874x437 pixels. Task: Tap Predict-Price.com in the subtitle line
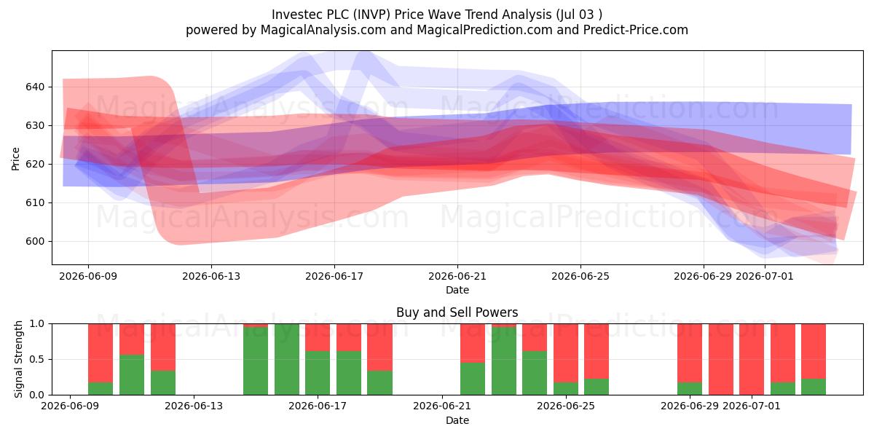(636, 30)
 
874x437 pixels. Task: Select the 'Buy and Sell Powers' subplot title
(457, 312)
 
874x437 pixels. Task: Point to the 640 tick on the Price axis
(35, 87)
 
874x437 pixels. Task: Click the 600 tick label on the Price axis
(35, 242)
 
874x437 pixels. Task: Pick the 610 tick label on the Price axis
(35, 203)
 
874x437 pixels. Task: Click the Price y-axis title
(15, 159)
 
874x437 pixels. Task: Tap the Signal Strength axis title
(18, 359)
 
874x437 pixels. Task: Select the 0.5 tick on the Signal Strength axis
(37, 359)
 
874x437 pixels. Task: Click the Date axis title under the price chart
(457, 290)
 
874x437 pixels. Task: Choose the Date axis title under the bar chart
(457, 420)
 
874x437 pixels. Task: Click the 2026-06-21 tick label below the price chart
(457, 276)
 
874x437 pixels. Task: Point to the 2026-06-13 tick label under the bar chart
(194, 406)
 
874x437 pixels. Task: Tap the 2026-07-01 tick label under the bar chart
(752, 406)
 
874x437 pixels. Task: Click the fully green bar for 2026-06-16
(287, 359)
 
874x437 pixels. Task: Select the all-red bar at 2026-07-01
(752, 359)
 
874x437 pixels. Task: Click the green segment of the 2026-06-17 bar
(318, 373)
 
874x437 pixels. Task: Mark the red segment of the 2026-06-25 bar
(597, 351)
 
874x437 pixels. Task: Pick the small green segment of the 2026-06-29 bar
(690, 389)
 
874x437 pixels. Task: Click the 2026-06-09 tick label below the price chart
(88, 276)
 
